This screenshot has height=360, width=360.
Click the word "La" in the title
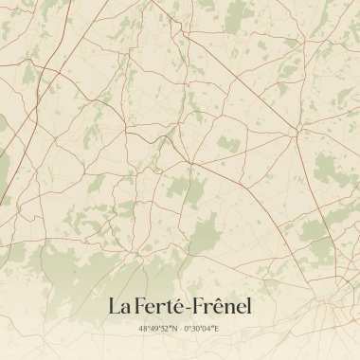[x=118, y=307]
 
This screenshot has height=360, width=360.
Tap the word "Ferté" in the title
[x=160, y=307]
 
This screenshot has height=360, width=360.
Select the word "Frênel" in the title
[x=223, y=307]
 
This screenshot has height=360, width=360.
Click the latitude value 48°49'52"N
[x=158, y=329]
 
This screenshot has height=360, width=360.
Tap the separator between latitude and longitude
[x=180, y=329]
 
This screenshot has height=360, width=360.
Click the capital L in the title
[x=114, y=307]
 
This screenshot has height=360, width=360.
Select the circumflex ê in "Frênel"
[x=223, y=307]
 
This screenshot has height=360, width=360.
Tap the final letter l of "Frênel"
[x=250, y=307]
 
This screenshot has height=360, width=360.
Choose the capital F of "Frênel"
[x=201, y=307]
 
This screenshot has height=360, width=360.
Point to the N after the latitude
[x=175, y=329]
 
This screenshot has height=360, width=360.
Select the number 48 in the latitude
[x=143, y=329]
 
